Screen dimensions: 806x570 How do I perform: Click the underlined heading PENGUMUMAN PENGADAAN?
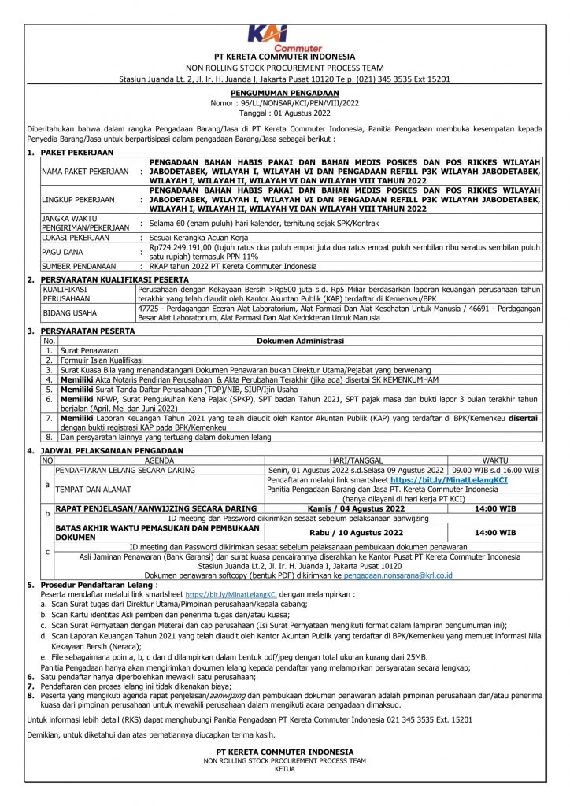pos(284,92)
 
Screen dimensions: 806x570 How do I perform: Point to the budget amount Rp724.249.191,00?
pos(186,246)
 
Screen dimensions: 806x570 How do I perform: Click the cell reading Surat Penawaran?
pos(89,349)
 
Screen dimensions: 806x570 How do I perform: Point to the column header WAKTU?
pos(495,460)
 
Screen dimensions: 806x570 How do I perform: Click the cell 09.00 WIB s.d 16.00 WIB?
pos(495,469)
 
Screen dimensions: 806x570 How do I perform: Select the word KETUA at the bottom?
pos(284,768)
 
